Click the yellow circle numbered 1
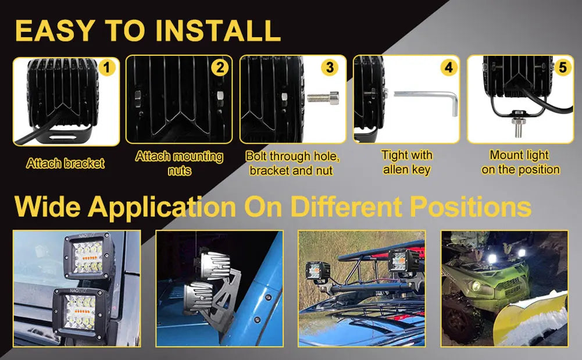click(x=107, y=67)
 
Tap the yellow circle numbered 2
click(x=220, y=67)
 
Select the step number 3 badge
click(x=330, y=67)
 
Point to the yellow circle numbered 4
click(x=449, y=67)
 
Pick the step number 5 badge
click(x=563, y=67)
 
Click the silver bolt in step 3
click(x=323, y=98)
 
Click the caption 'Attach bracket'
click(x=65, y=163)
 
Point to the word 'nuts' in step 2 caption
click(x=180, y=171)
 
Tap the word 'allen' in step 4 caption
click(x=395, y=170)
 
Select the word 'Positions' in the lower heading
click(x=470, y=206)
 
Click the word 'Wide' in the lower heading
click(x=48, y=206)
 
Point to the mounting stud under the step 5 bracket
click(x=517, y=125)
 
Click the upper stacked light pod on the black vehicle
click(x=88, y=256)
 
